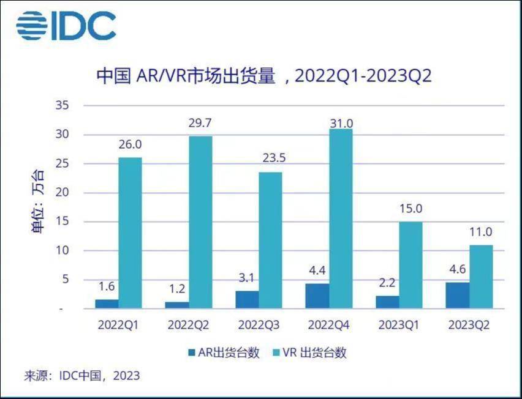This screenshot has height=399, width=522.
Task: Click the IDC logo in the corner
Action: pos(66,26)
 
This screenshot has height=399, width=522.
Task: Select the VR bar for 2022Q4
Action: pos(341,218)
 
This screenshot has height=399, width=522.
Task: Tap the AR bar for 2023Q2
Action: pos(458,295)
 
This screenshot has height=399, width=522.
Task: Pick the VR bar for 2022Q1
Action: pos(130,233)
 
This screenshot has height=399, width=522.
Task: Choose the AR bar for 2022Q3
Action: pos(247,299)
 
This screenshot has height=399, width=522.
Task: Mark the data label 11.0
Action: pos(481,233)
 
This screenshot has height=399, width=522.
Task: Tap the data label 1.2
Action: pos(177,289)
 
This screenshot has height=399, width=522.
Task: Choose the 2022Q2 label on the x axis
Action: pos(189,324)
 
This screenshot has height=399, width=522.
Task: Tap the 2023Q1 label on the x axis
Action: pos(399,324)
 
